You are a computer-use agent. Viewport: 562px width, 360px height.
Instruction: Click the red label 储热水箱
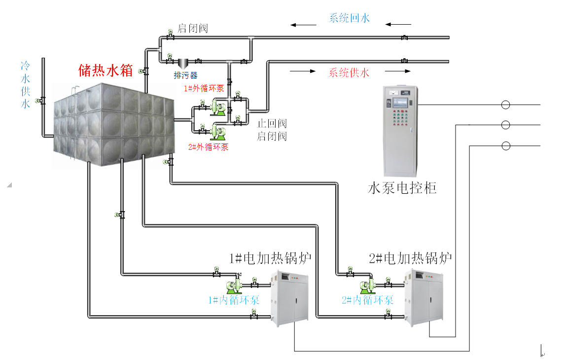(106, 71)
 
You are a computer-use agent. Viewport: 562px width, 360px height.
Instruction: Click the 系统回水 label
(349, 18)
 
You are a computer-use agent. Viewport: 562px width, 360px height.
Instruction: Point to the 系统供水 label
(349, 73)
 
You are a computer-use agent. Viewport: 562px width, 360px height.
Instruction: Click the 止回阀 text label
(272, 124)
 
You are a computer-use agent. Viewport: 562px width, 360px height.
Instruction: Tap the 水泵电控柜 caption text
(402, 188)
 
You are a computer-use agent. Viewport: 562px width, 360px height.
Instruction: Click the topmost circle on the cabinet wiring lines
(505, 105)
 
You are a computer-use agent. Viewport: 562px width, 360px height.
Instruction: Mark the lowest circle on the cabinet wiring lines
(505, 146)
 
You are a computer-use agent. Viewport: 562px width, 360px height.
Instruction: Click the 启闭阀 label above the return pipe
(193, 29)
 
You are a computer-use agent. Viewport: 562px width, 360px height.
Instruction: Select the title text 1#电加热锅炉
(271, 258)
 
